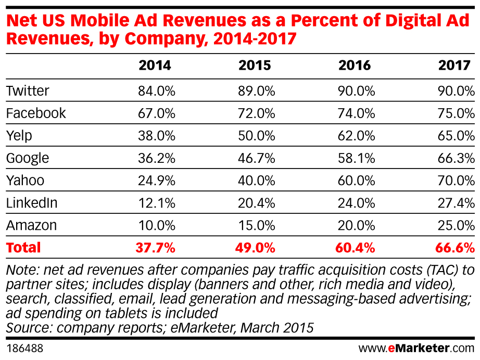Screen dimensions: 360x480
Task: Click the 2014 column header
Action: [x=155, y=65]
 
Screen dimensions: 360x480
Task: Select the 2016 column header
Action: [x=355, y=65]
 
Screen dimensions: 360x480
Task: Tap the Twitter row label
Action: [x=28, y=91]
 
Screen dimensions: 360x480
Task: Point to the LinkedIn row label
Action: [x=31, y=203]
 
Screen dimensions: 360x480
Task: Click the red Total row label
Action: [x=23, y=248]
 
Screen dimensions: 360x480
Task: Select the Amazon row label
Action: [x=31, y=225]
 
